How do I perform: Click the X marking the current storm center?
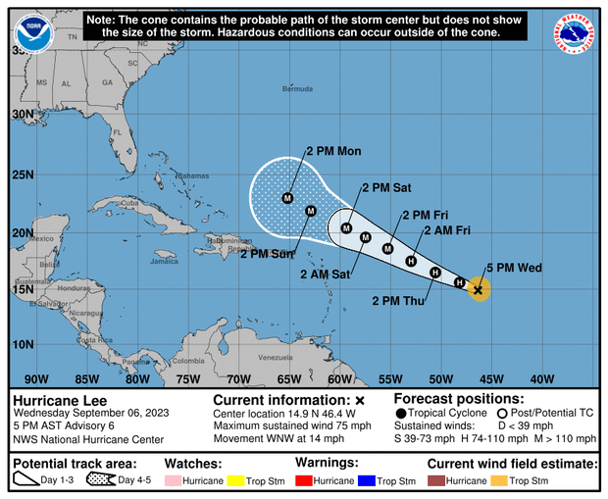pyautogui.click(x=478, y=289)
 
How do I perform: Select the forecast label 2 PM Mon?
pyautogui.click(x=333, y=152)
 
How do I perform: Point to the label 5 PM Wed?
pyautogui.click(x=515, y=268)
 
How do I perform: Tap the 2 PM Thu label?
pyautogui.click(x=399, y=301)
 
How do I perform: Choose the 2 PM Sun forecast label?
pyautogui.click(x=267, y=255)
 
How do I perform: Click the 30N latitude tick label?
pyautogui.click(x=22, y=115)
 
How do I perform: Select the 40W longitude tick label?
pyautogui.click(x=541, y=379)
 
